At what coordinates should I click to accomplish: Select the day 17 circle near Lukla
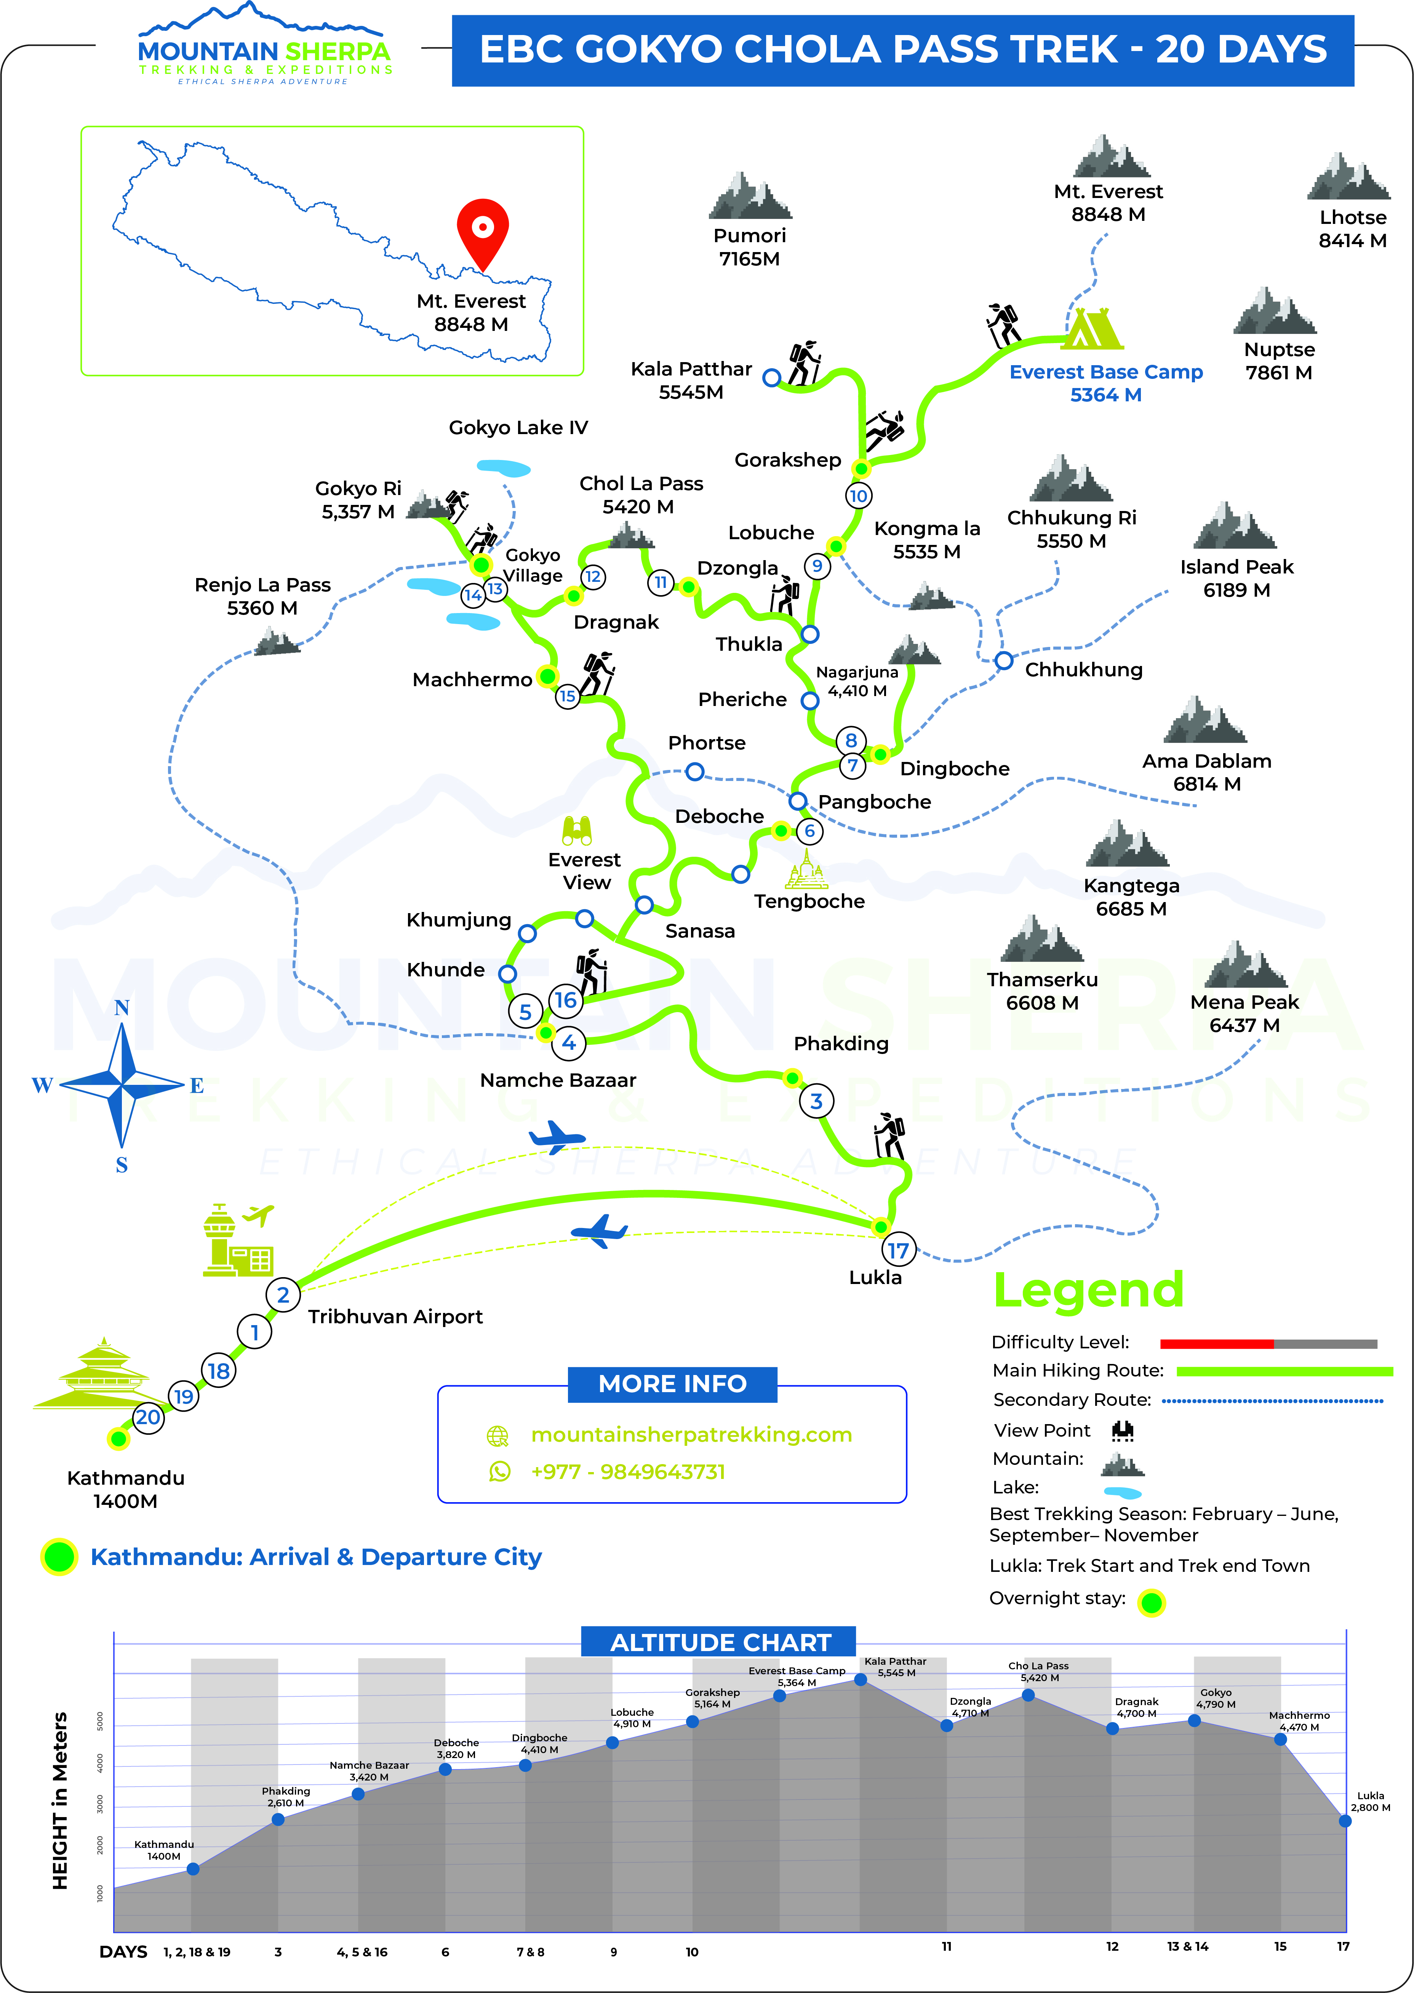pos(898,1250)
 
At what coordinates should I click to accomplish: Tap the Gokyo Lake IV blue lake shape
pos(504,468)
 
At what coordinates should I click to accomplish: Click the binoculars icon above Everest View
pos(576,831)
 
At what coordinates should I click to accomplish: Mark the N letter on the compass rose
pos(122,1008)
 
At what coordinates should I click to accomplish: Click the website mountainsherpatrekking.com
pos(691,1434)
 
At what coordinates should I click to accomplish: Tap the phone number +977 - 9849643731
pos(628,1472)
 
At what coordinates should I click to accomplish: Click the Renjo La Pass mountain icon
pos(278,642)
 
